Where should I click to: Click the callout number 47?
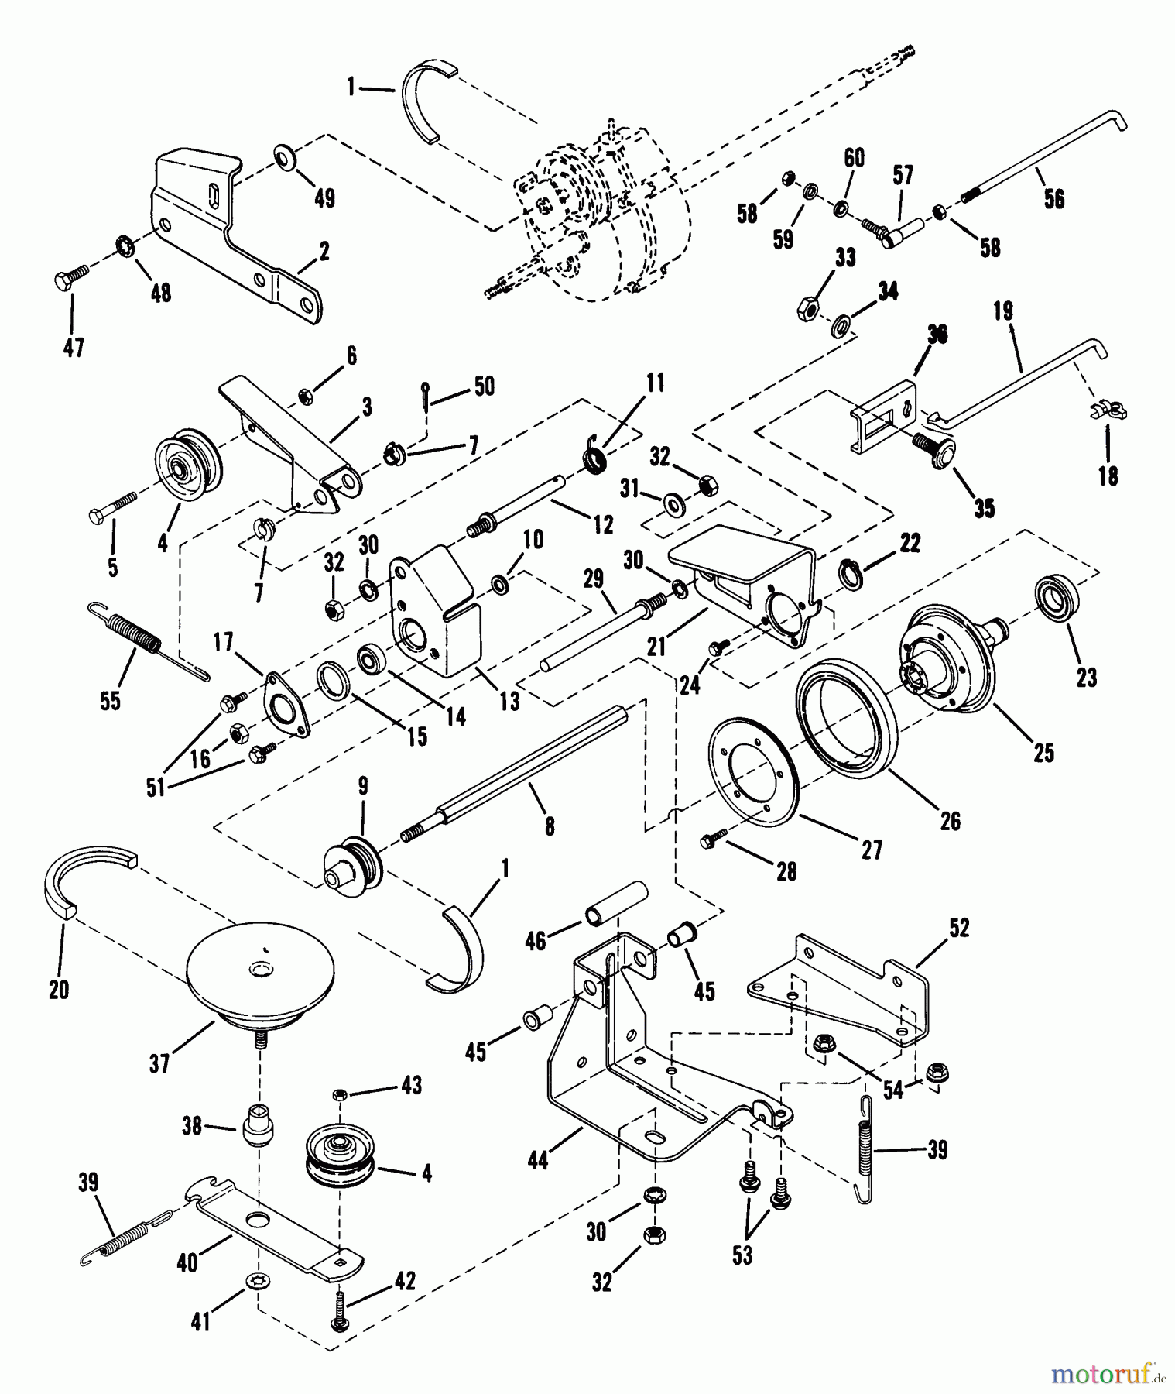click(73, 348)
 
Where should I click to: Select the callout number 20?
click(59, 989)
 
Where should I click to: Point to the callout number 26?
click(950, 820)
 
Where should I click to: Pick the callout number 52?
click(958, 928)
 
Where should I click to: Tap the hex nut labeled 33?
click(805, 309)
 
